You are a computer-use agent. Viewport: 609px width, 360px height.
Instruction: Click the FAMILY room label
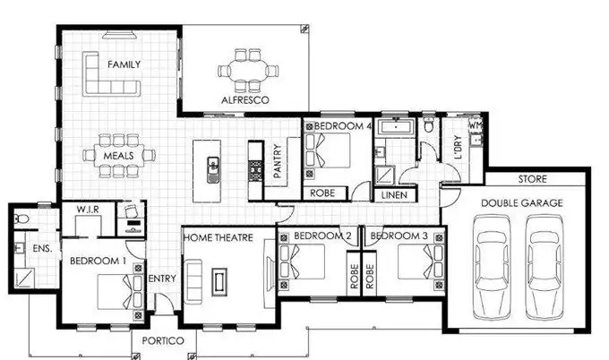coord(124,65)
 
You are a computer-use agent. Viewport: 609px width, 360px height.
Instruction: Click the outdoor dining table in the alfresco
coord(244,72)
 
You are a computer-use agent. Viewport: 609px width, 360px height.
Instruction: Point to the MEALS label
coord(118,156)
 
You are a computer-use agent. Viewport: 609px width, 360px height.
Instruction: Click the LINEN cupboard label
coord(395,194)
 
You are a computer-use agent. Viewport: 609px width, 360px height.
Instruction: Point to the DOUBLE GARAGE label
coord(522,203)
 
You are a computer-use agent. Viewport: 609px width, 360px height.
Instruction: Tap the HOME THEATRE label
coord(218,237)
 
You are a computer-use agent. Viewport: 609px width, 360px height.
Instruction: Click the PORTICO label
coord(163,342)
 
